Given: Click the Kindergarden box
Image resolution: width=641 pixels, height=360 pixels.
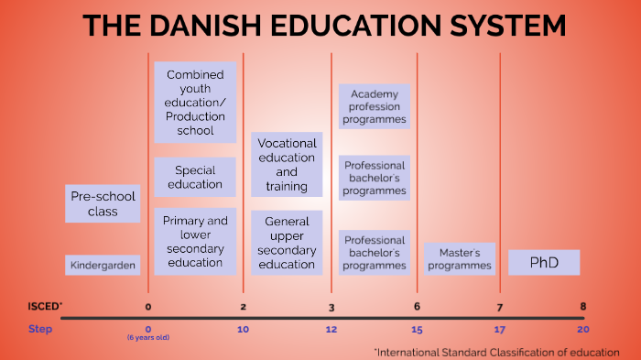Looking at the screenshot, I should [x=103, y=266].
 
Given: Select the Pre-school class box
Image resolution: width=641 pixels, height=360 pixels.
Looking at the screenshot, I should [x=103, y=203].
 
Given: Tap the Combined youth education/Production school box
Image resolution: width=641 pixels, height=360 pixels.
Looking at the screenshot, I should [x=195, y=102].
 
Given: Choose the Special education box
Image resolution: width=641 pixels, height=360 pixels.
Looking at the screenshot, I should [x=195, y=177].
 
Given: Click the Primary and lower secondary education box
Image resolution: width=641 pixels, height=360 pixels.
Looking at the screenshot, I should [x=195, y=242].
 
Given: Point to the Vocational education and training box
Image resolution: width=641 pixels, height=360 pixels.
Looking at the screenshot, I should [x=287, y=164].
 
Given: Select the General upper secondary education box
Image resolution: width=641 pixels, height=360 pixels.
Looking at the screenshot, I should [x=287, y=243].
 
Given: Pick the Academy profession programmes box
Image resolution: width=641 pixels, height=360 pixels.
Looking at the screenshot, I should [x=374, y=106].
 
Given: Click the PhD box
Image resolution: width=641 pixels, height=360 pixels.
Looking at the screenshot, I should [x=544, y=263].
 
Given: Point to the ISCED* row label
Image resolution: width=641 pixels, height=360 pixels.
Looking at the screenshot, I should [x=44, y=306].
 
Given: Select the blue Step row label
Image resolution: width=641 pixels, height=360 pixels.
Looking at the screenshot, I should [x=40, y=329].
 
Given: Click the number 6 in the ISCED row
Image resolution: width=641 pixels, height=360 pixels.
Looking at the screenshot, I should [x=417, y=306].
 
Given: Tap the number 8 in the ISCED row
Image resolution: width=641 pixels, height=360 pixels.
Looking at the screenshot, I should [x=582, y=306].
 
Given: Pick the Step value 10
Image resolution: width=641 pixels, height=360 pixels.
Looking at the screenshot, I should [x=243, y=329].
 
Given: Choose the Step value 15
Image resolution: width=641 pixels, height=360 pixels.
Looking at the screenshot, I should [x=417, y=329].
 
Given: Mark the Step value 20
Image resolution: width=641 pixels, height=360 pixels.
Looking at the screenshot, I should [x=582, y=329].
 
